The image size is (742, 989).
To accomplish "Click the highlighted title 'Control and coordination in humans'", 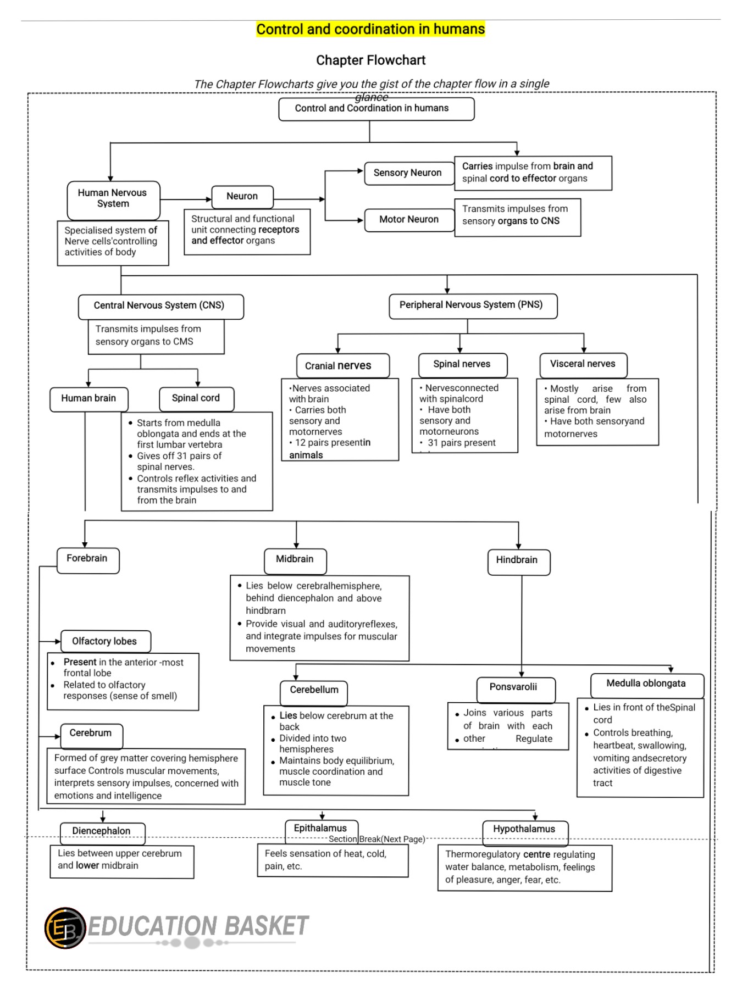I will (370, 29).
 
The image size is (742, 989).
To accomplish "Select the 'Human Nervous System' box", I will (113, 199).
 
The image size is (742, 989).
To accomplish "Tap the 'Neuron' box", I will (242, 197).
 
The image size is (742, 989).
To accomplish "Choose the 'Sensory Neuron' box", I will (408, 173).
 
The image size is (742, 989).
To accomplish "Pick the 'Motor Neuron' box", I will (409, 220).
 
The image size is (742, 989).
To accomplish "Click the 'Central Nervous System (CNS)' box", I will (160, 306).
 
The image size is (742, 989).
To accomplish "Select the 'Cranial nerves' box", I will (339, 366).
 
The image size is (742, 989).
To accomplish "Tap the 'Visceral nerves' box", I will (583, 364).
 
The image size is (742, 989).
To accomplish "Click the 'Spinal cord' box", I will (196, 399).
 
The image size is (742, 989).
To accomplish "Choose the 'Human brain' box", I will (88, 399).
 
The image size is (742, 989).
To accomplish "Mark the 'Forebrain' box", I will (87, 559).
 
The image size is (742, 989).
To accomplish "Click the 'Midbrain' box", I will (295, 560).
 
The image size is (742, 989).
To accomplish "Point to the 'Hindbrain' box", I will (518, 561).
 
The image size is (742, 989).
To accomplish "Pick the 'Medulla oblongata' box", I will (646, 685).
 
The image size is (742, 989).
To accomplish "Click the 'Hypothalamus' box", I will (524, 830).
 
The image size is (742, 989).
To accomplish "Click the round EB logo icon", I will (65, 928).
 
